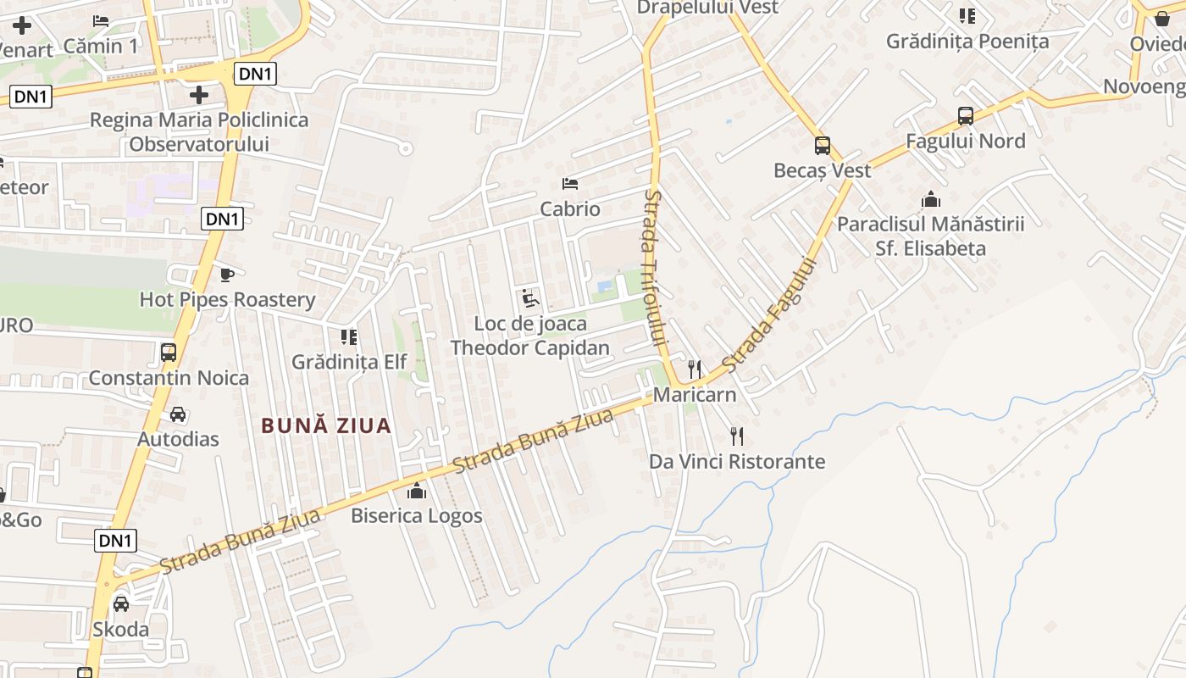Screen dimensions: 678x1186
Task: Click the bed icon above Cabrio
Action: click(570, 184)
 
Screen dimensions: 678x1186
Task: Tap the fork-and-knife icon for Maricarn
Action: click(695, 370)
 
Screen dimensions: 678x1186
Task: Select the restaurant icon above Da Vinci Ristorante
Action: click(737, 436)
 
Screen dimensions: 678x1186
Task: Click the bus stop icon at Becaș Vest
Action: click(822, 146)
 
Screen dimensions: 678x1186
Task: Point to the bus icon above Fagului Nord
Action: click(965, 116)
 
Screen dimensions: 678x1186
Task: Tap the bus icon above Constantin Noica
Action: click(169, 353)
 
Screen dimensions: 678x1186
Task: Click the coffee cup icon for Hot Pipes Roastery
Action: click(226, 275)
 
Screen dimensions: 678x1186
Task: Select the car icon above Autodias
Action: click(178, 414)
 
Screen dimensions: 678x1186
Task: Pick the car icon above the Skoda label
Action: click(121, 604)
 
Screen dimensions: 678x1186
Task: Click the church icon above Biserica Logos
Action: click(417, 491)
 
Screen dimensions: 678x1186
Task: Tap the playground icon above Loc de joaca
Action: click(529, 298)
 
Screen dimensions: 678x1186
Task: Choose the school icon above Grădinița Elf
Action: click(348, 337)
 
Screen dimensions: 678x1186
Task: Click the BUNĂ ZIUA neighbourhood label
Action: click(326, 425)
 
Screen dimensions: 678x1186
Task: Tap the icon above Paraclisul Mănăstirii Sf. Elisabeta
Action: click(931, 200)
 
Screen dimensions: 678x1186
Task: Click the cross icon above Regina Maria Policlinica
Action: click(199, 95)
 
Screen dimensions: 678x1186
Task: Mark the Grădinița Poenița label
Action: click(967, 41)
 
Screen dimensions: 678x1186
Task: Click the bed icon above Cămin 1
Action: click(101, 21)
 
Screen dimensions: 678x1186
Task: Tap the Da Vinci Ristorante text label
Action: click(736, 462)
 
